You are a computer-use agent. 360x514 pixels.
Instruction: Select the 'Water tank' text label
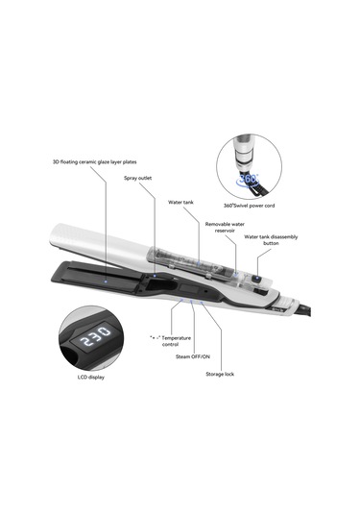pyautogui.click(x=181, y=203)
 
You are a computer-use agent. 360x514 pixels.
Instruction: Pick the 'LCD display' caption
pyautogui.click(x=91, y=378)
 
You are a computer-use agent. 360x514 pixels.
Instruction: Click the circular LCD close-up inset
pyautogui.click(x=92, y=336)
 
